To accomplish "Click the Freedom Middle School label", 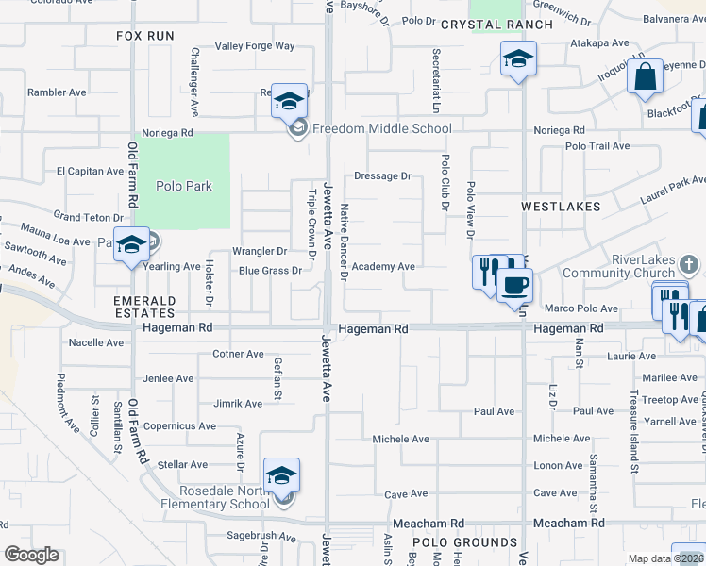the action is point(381,128).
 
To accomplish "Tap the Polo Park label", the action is point(184,186).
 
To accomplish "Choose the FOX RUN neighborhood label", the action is point(145,35).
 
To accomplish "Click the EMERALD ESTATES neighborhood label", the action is point(144,306).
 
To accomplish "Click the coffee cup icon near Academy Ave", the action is point(514,285).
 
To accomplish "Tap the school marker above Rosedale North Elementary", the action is point(281,475).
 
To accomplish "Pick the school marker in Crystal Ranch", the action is point(518,59).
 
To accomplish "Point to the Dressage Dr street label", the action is point(382,175).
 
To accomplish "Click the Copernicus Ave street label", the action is point(180,426).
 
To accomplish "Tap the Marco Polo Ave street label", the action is point(581,308).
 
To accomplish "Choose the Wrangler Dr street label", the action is point(260,251).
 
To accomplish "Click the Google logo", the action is point(32,554).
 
